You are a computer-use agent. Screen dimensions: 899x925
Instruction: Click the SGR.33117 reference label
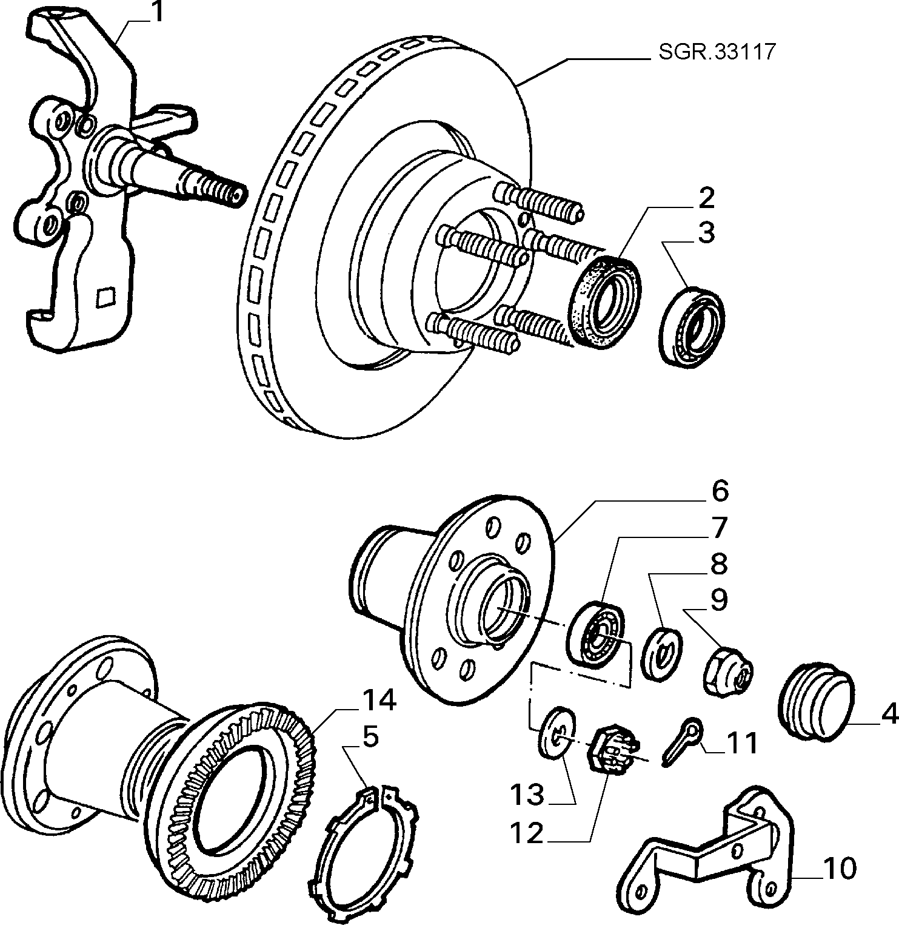[717, 52]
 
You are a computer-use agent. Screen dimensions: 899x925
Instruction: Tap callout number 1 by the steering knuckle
[156, 13]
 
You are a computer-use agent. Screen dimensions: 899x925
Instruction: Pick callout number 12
[527, 834]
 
